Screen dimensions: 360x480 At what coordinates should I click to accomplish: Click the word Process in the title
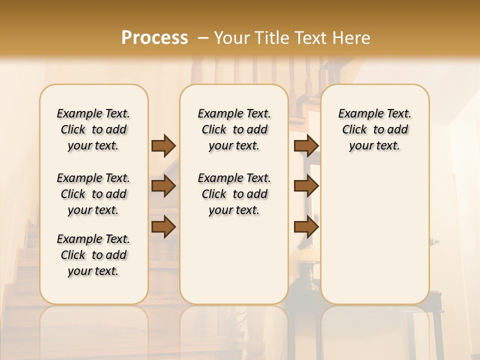(154, 37)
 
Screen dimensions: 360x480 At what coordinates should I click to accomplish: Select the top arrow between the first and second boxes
(163, 145)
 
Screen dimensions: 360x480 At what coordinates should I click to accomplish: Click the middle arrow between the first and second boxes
(163, 186)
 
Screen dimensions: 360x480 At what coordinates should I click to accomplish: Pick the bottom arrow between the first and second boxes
(163, 226)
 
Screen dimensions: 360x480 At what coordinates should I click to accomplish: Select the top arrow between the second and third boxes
(306, 145)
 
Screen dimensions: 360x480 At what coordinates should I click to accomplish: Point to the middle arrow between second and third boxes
(306, 186)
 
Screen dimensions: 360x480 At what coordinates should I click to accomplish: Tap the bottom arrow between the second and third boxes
(306, 226)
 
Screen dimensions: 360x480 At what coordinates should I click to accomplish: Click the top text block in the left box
(93, 129)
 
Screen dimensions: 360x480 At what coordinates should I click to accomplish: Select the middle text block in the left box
(93, 194)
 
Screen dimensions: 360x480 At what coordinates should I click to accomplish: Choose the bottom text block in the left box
(93, 255)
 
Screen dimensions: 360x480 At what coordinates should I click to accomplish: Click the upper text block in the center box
(234, 129)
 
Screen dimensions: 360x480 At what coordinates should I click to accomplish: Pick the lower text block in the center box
(234, 194)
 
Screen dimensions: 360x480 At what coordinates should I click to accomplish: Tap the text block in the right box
(374, 129)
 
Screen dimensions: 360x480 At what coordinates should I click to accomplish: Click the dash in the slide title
(203, 37)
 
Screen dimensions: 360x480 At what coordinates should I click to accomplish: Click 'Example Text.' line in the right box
(374, 113)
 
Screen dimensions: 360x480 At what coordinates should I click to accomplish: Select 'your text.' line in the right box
(374, 145)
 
